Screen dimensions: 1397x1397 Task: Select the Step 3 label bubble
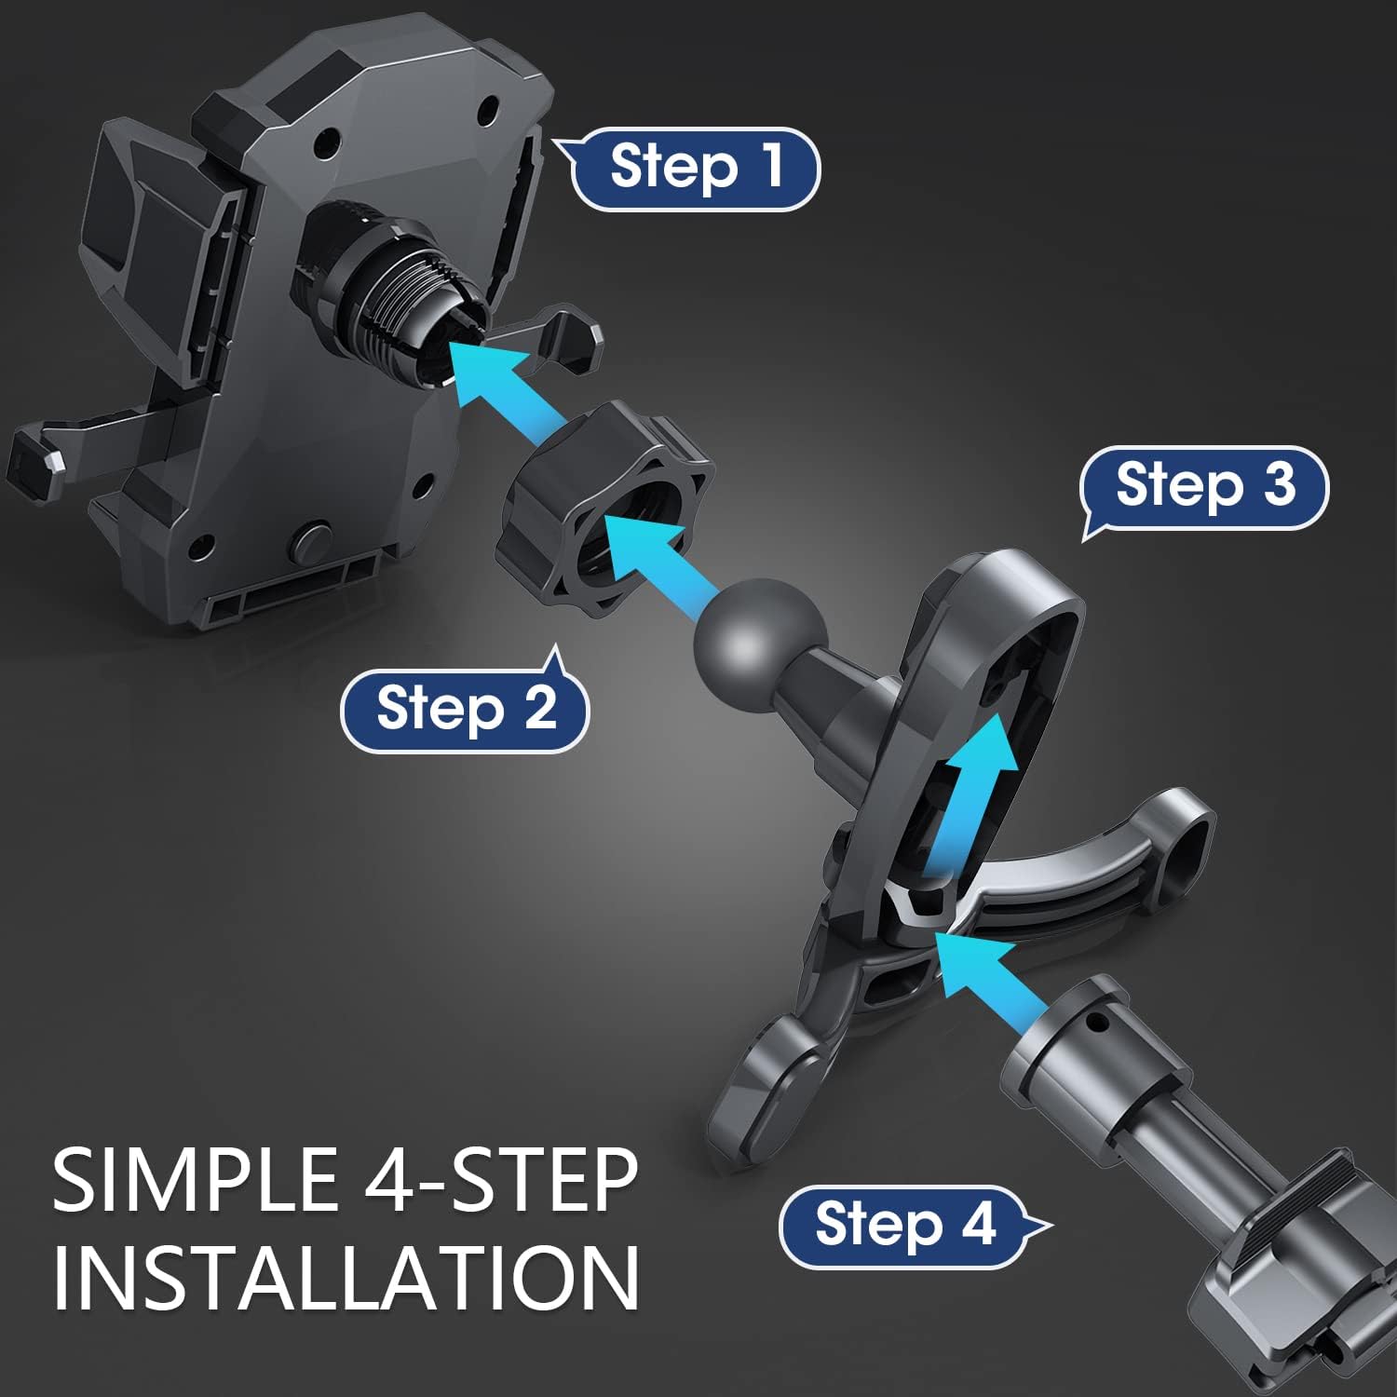tap(1204, 488)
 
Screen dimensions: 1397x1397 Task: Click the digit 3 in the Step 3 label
tap(1279, 484)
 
